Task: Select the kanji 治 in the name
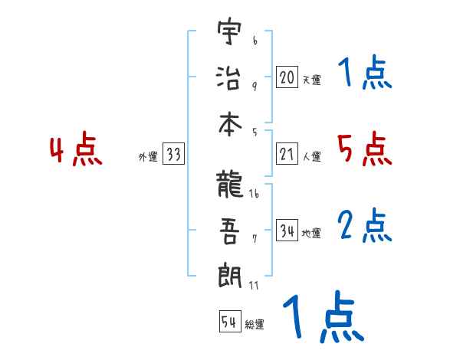pyautogui.click(x=229, y=77)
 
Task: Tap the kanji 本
pyautogui.click(x=229, y=123)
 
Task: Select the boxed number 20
pyautogui.click(x=287, y=77)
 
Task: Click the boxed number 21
pyautogui.click(x=287, y=154)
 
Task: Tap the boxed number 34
pyautogui.click(x=287, y=231)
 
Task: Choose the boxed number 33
pyautogui.click(x=173, y=154)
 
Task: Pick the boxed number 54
pyautogui.click(x=228, y=322)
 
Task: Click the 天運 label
pyautogui.click(x=310, y=80)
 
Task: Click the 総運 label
pyautogui.click(x=254, y=325)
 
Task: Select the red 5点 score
pyautogui.click(x=364, y=149)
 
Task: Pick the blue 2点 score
pyautogui.click(x=364, y=226)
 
